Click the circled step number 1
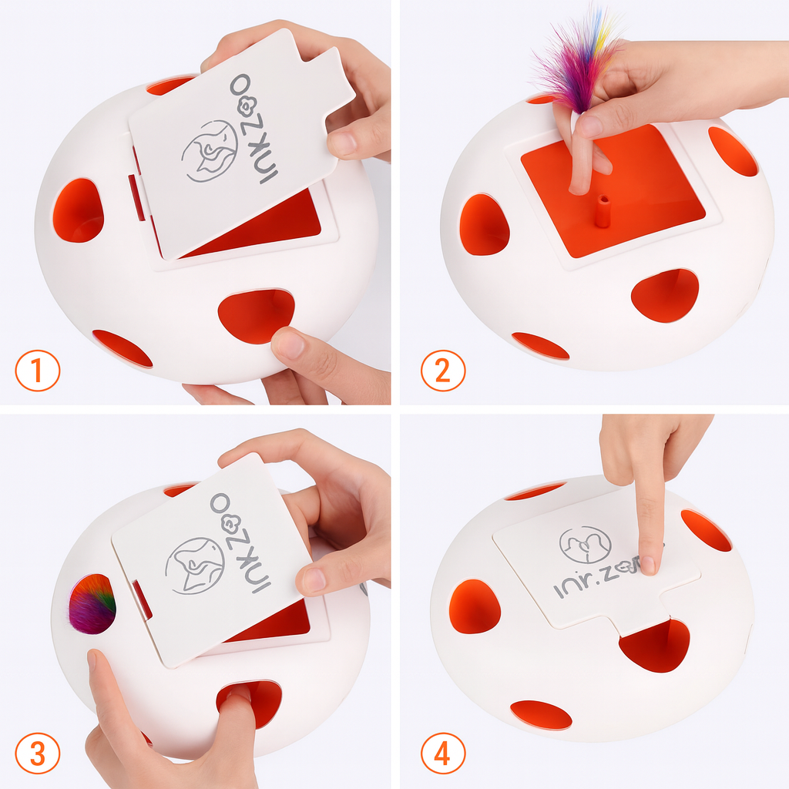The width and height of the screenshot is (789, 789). click(37, 371)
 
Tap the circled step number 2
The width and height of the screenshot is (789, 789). click(442, 371)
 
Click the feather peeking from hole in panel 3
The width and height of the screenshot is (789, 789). click(92, 604)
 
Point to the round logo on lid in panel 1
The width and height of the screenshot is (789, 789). click(210, 151)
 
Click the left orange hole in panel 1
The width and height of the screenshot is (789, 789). click(78, 210)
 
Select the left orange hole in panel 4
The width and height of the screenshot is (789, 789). click(474, 606)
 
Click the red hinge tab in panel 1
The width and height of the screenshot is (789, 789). click(136, 196)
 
